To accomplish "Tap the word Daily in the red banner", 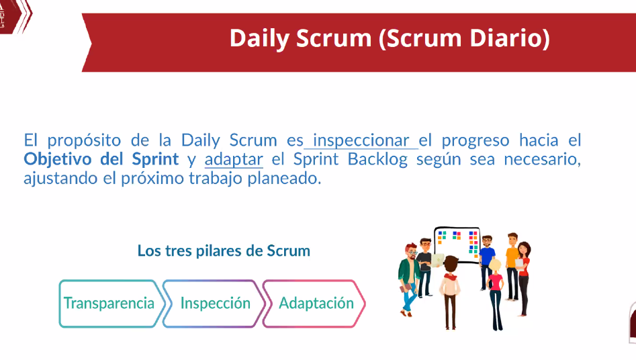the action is point(260,39).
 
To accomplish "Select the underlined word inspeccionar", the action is point(361,140).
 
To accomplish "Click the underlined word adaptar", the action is point(234,159).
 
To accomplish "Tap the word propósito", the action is point(84,141).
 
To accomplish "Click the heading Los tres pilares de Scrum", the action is point(224,251).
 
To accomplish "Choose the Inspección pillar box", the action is point(214,304).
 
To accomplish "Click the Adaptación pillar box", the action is point(314,304).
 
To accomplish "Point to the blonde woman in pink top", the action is point(495,293).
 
